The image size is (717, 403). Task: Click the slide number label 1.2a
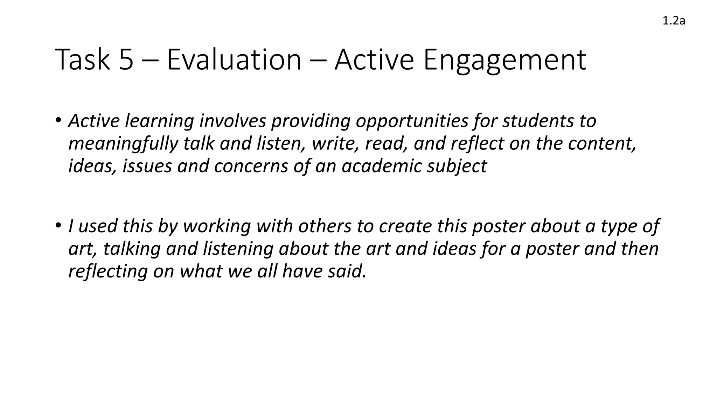pos(674,21)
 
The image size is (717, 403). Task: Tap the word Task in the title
pos(82,60)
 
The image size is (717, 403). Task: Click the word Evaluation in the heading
pos(234,60)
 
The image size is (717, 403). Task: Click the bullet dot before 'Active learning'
pos(58,121)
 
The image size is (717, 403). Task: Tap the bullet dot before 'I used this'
pos(58,226)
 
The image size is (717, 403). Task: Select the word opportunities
pos(412,121)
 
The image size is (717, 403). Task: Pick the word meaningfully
pos(123,144)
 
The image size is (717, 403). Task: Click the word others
pos(325,226)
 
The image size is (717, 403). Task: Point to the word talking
pos(132,249)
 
